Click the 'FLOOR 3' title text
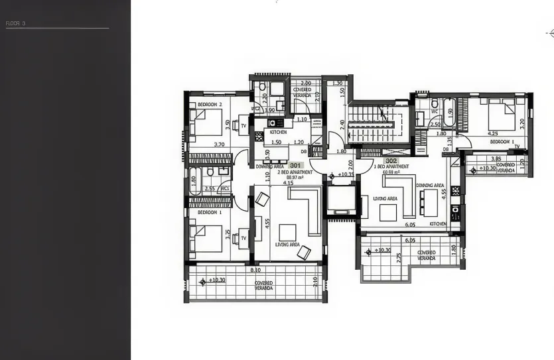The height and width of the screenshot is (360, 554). [x=15, y=23]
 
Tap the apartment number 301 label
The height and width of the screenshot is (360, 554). [x=296, y=165]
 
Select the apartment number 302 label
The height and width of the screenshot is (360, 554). [x=391, y=160]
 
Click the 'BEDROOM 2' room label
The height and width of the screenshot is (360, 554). [x=211, y=105]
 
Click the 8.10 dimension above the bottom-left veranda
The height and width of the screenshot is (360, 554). [x=255, y=270]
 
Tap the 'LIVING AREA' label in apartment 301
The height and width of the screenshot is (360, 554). [x=287, y=245]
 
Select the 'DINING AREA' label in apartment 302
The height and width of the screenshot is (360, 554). [x=430, y=185]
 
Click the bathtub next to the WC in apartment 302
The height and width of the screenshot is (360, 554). [x=450, y=113]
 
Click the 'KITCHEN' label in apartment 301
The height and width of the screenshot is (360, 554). [x=278, y=132]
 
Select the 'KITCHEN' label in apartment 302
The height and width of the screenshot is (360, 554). [x=438, y=225]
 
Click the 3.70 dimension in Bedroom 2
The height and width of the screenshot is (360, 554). [x=219, y=144]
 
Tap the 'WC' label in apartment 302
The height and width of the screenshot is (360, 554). [x=435, y=111]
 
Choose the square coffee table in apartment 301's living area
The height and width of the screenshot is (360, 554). [x=287, y=231]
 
